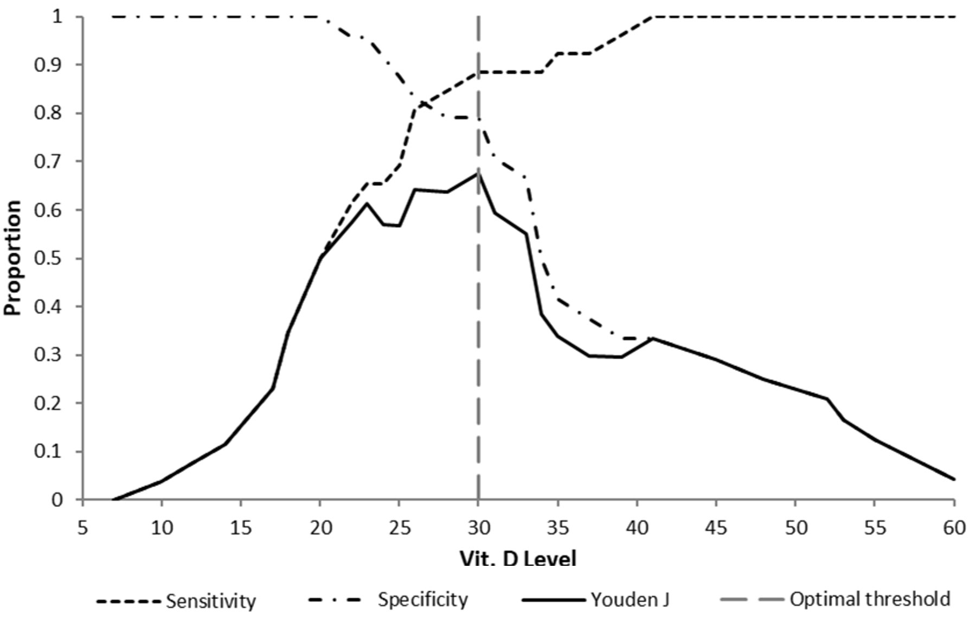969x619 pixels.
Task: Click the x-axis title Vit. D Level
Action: click(x=518, y=558)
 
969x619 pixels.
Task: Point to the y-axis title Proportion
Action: click(x=13, y=258)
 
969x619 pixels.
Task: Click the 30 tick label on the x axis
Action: click(x=478, y=527)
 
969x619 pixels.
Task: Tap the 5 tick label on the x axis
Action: click(x=82, y=527)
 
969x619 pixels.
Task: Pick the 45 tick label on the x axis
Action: click(x=716, y=527)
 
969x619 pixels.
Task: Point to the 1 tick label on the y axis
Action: click(x=57, y=17)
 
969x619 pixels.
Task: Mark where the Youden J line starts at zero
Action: click(x=113, y=499)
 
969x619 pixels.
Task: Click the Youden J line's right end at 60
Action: click(x=954, y=479)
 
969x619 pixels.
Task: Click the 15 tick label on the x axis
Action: click(x=241, y=527)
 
